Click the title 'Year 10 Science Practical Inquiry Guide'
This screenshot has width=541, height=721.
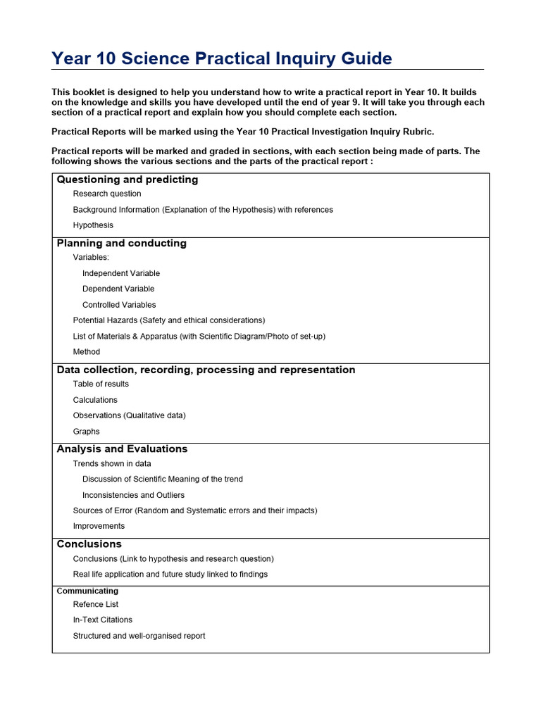tap(222, 58)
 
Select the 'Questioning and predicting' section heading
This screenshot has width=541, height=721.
tap(127, 180)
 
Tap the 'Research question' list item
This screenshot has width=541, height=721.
tap(107, 194)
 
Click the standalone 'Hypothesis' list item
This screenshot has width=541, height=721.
tap(93, 225)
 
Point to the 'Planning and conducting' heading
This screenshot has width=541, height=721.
tap(121, 243)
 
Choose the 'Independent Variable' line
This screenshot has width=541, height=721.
tap(121, 273)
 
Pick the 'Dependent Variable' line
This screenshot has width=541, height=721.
tap(118, 289)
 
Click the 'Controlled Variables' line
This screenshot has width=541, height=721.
tap(119, 305)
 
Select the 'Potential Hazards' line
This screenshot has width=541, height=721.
tap(169, 320)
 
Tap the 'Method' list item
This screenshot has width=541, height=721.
tap(87, 352)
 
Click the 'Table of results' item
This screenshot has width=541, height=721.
tap(101, 384)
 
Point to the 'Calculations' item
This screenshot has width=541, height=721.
tap(95, 400)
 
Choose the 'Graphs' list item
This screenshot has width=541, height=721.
tap(87, 432)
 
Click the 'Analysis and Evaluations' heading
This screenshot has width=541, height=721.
tap(122, 449)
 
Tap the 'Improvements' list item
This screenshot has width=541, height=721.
tap(99, 526)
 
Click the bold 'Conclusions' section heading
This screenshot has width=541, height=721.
tap(89, 544)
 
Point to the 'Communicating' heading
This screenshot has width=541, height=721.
tap(87, 591)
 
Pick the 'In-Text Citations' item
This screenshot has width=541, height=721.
tap(103, 620)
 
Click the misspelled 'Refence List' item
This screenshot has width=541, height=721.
tap(96, 604)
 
